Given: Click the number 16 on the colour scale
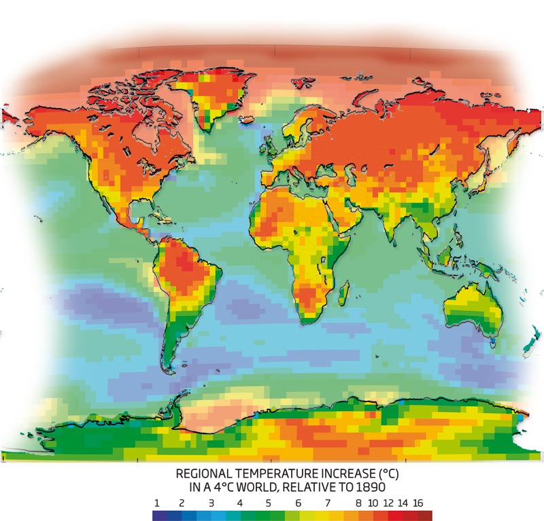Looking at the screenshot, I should click(418, 503).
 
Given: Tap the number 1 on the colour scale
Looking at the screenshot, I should click(157, 503).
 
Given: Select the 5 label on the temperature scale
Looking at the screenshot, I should click(269, 503).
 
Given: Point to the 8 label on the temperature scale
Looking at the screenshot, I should click(357, 503).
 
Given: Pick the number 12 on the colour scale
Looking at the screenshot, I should click(387, 503).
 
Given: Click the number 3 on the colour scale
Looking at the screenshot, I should click(211, 503).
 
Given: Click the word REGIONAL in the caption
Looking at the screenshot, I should click(205, 473).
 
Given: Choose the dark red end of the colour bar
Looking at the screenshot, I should click(426, 516).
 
